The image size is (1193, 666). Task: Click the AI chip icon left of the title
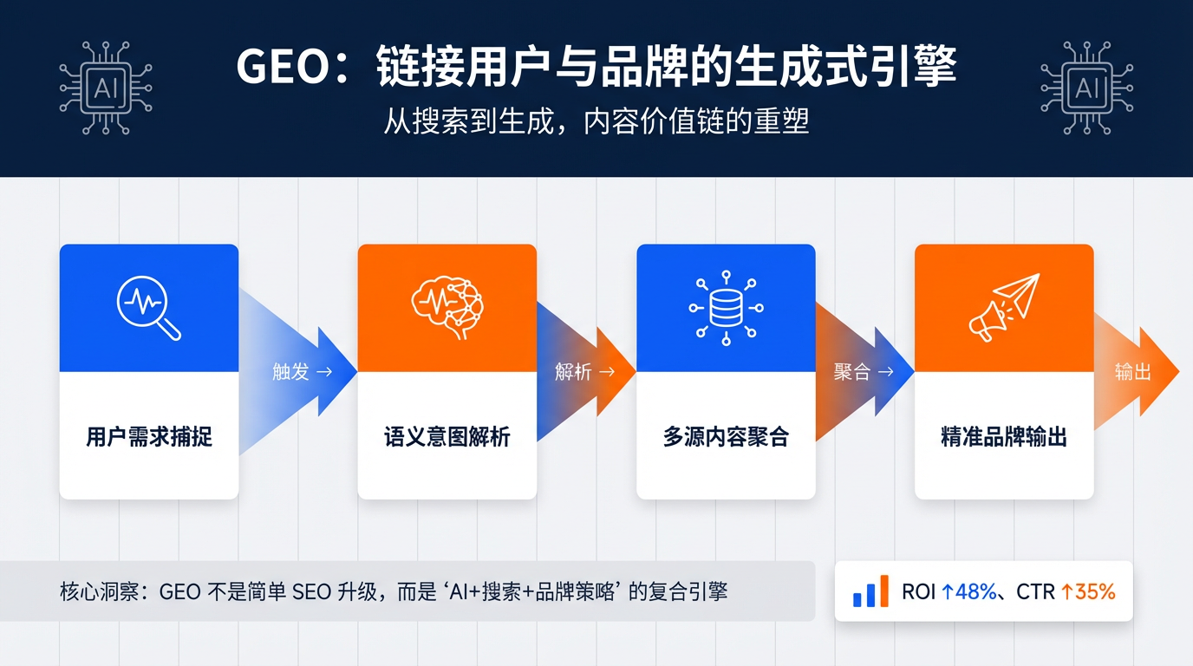tap(105, 88)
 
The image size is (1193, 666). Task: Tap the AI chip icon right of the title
tap(1086, 88)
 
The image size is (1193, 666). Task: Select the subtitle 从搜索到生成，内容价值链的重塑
tap(596, 121)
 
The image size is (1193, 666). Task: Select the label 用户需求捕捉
tap(149, 436)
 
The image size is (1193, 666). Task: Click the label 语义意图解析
tap(447, 436)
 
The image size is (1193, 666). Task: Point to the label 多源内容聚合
tap(726, 436)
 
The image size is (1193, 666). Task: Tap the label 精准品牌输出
tap(1004, 436)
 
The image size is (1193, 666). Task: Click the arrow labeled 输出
tap(1136, 372)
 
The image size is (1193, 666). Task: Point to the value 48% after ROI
tap(975, 592)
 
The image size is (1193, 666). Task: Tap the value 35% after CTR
tap(1094, 592)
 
